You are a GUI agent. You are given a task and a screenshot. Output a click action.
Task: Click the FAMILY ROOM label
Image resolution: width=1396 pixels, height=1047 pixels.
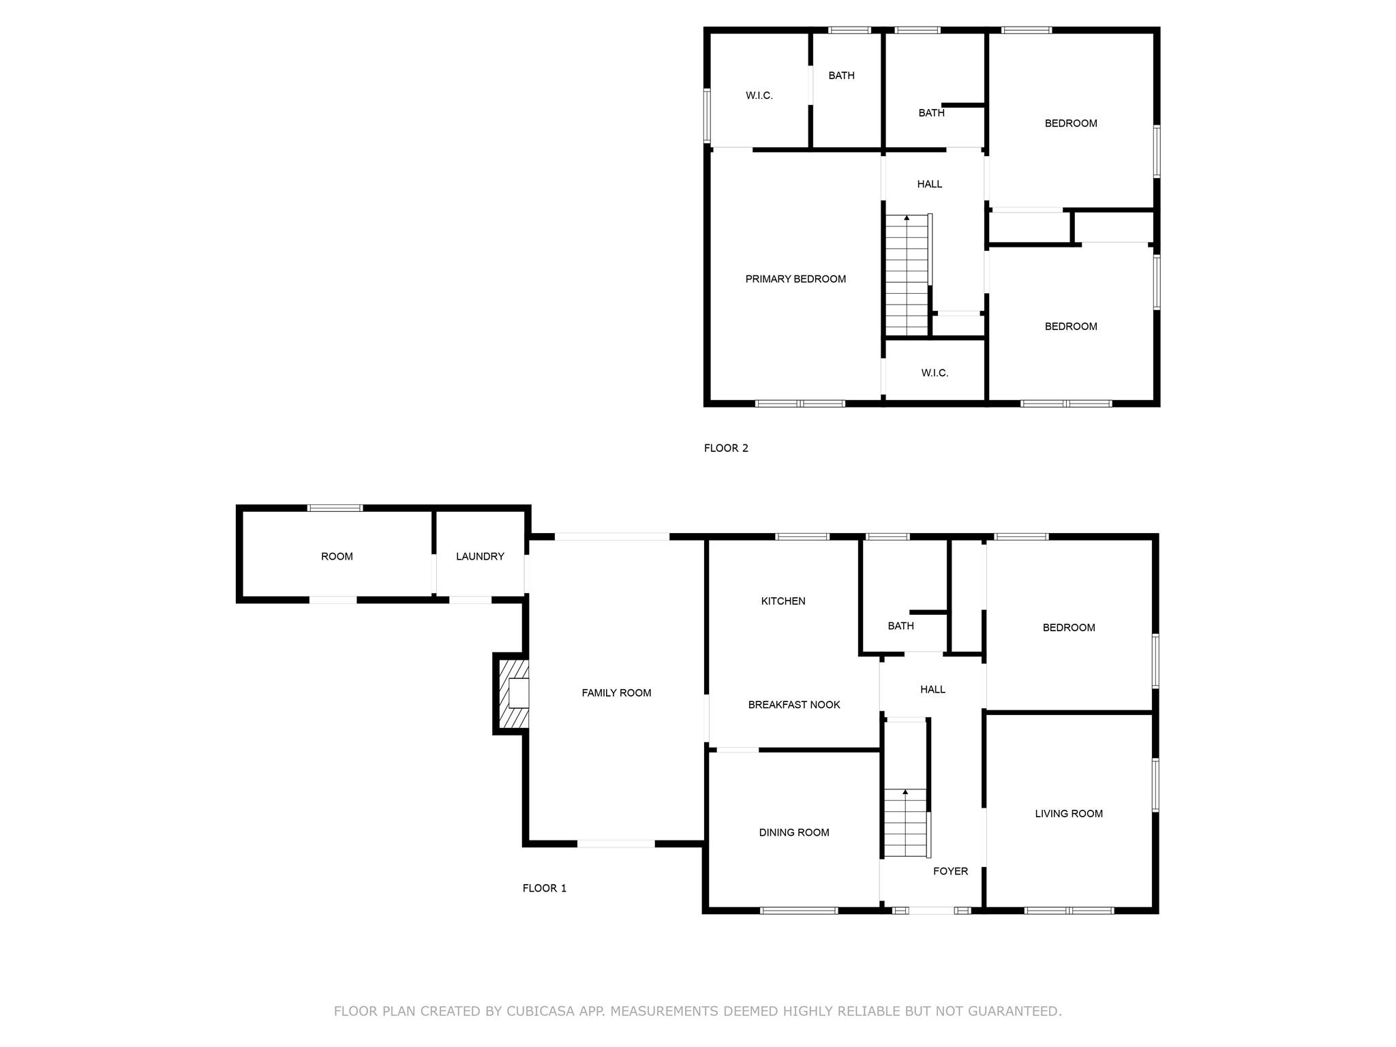[x=616, y=693]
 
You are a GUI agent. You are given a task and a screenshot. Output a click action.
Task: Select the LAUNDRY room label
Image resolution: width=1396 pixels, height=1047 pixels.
[x=480, y=556]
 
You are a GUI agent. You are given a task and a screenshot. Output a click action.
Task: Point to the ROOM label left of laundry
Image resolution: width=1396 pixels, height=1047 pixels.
[x=337, y=556]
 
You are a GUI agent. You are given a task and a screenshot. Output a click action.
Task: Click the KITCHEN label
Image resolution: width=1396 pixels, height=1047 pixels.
[x=783, y=601]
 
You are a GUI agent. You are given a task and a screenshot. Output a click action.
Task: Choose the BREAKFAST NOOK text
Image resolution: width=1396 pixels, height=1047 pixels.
[x=794, y=704]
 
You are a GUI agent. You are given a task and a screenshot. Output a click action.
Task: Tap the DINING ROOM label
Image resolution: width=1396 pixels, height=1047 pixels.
[x=794, y=832]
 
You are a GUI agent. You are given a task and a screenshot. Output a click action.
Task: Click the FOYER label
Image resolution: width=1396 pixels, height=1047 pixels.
[x=950, y=870]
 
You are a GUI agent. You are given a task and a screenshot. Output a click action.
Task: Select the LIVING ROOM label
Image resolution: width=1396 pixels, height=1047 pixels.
[x=1069, y=813]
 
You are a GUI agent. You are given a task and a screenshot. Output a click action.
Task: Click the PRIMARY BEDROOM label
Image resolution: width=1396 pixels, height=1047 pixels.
[x=795, y=278]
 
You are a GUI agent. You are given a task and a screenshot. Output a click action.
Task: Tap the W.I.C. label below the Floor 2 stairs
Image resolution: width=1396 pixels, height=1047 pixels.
[x=935, y=373]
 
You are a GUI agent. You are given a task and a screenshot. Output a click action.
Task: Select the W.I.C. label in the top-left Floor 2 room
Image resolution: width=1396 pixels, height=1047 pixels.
[x=759, y=95]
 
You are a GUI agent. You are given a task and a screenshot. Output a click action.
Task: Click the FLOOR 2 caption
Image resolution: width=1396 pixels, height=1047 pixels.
[x=726, y=448]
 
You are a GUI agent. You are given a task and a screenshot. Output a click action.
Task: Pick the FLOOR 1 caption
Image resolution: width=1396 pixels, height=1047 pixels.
[x=544, y=887]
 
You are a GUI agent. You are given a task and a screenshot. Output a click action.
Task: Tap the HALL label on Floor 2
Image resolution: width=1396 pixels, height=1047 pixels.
[x=929, y=184]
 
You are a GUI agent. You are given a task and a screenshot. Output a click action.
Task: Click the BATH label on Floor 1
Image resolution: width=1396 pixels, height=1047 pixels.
[x=900, y=625]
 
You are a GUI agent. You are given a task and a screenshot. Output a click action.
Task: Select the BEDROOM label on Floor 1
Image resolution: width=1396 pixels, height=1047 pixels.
[x=1069, y=627]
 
